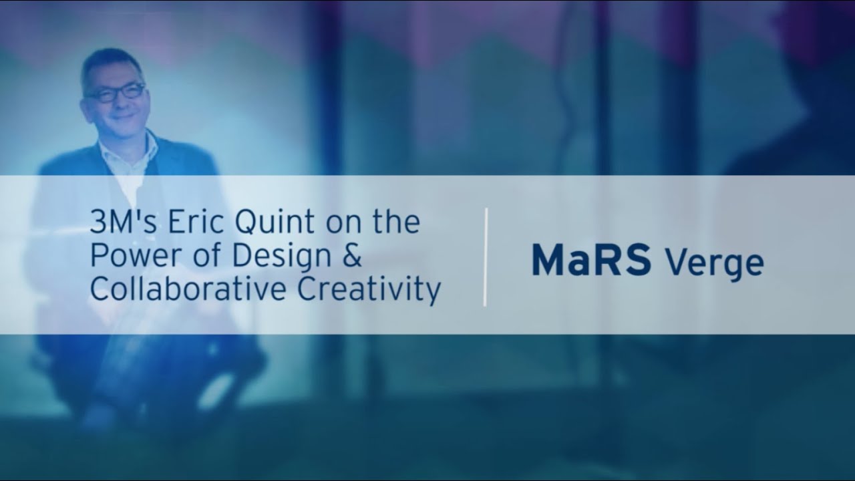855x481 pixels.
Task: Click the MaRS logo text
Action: [x=590, y=261]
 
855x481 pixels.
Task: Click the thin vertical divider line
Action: [x=486, y=257]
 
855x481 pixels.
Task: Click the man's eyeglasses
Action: [x=116, y=93]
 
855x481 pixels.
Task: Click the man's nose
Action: [x=120, y=102]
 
